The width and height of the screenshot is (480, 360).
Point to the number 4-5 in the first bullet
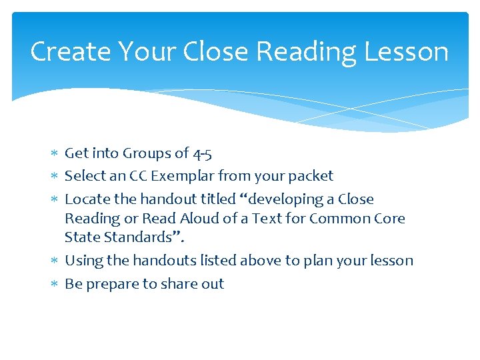[202, 154]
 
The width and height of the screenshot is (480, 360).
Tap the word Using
[81, 261]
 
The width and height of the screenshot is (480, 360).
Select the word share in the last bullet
[178, 284]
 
